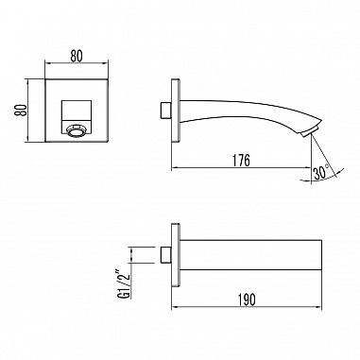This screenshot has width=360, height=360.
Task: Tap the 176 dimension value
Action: pyautogui.click(x=241, y=161)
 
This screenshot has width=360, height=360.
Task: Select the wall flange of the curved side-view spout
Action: pyautogui.click(x=173, y=111)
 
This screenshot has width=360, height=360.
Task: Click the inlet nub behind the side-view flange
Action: pyautogui.click(x=165, y=111)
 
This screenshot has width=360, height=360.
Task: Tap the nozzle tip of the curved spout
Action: pyautogui.click(x=304, y=133)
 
